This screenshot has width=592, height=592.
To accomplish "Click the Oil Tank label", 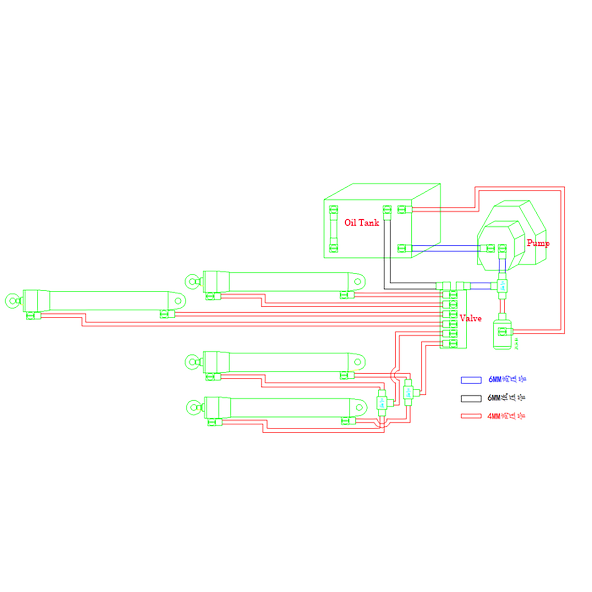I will click(361, 222).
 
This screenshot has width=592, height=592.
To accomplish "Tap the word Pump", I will click(538, 243).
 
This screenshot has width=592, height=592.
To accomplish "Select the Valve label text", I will click(470, 318).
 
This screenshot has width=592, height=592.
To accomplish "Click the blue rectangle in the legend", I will click(471, 380).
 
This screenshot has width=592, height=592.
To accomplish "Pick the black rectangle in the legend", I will click(471, 398).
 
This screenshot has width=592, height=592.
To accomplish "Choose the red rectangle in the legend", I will click(471, 416).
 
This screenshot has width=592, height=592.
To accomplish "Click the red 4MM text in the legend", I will click(494, 416).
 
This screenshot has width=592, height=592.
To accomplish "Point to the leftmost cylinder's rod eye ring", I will click(13, 301).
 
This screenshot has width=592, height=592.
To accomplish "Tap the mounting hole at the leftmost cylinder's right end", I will click(178, 301).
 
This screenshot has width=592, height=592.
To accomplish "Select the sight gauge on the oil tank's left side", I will click(333, 229).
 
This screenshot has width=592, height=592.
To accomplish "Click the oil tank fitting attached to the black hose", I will click(387, 211).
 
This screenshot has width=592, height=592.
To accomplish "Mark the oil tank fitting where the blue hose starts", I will click(404, 248).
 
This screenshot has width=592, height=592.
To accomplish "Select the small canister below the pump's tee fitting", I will click(502, 332).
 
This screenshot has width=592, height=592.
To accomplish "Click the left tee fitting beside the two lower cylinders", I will click(382, 402).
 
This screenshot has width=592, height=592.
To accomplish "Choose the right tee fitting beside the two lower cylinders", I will click(408, 392).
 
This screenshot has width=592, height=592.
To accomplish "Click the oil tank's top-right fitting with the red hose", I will click(404, 209).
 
